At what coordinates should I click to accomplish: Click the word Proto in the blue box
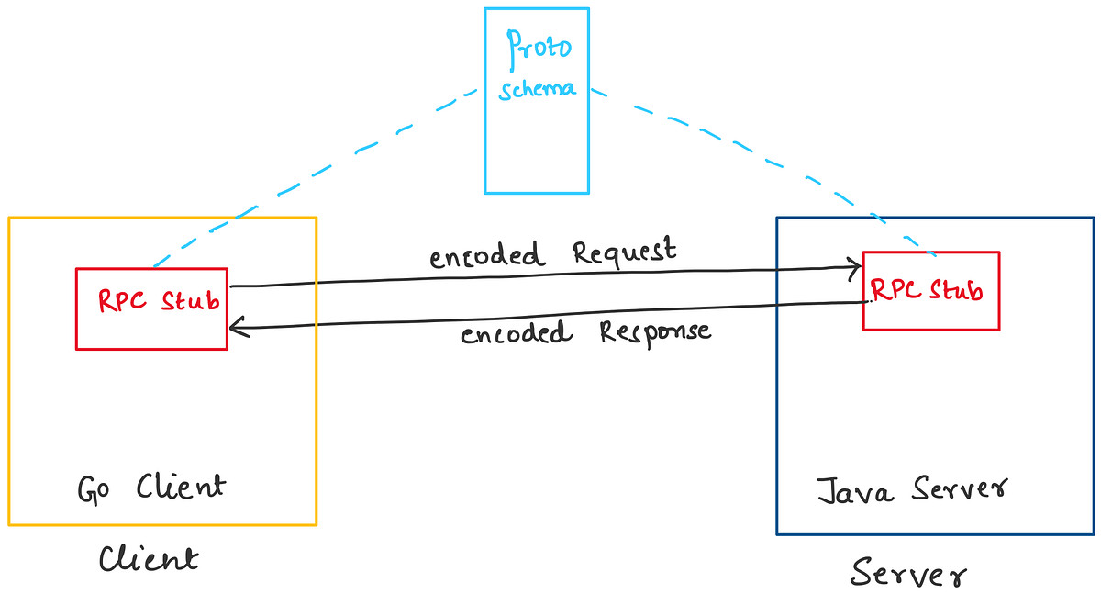(x=538, y=47)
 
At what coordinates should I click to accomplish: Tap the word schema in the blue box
(x=538, y=90)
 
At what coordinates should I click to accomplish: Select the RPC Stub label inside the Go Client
(x=159, y=301)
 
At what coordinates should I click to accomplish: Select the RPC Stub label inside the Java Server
(x=927, y=291)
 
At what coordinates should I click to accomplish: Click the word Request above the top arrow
(x=625, y=252)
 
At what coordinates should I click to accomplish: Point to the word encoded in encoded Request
(x=487, y=257)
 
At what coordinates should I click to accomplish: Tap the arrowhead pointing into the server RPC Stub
(x=854, y=267)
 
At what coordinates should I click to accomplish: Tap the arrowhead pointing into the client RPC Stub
(x=236, y=325)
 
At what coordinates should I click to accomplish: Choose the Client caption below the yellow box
(x=148, y=558)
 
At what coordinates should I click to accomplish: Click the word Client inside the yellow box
(x=180, y=486)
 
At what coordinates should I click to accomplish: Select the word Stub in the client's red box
(x=190, y=301)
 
